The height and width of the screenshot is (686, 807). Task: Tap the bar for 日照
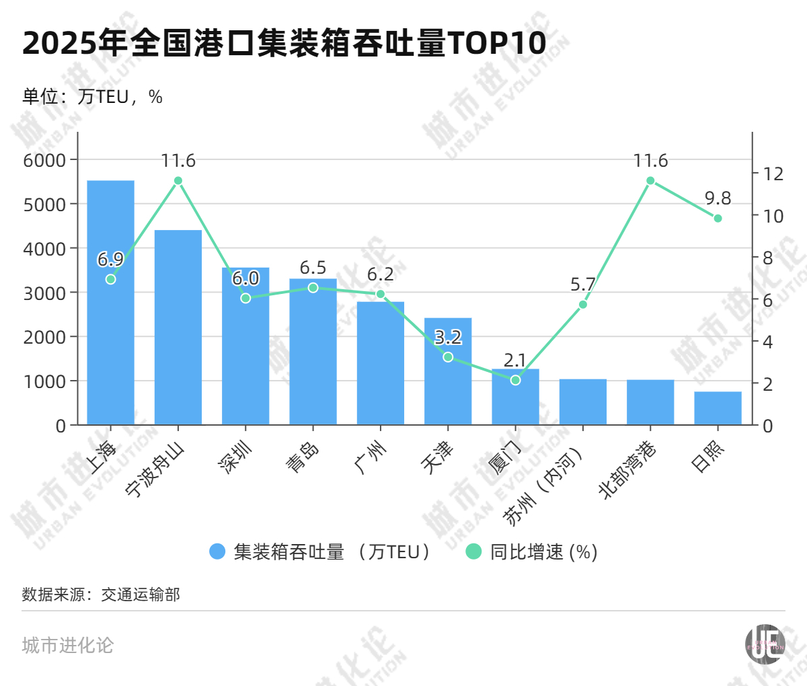718,408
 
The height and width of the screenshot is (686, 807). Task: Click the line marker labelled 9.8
718,219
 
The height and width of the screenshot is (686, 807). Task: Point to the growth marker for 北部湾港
650,180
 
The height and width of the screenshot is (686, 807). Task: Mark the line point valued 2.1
515,380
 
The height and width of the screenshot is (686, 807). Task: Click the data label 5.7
582,284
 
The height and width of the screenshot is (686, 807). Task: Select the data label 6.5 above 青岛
313,268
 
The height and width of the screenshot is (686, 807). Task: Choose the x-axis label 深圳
235,457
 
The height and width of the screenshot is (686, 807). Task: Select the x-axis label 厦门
506,457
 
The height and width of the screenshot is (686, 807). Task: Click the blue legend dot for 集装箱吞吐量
217,552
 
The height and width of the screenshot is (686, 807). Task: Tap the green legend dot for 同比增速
474,552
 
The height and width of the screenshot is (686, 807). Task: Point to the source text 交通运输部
141,595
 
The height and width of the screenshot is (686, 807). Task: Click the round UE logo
765,644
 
